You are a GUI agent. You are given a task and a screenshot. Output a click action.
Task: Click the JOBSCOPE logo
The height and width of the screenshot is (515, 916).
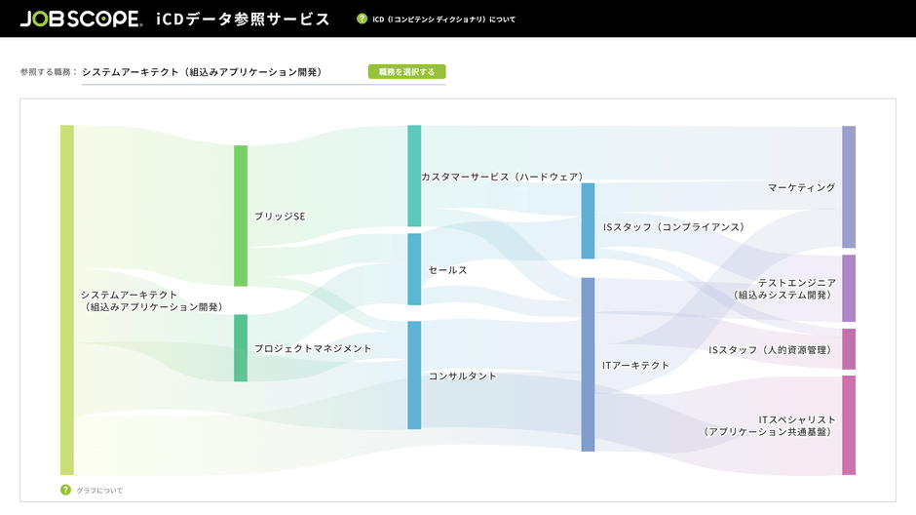click(80, 19)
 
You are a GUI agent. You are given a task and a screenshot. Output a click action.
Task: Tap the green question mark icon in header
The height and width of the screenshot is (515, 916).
click(363, 19)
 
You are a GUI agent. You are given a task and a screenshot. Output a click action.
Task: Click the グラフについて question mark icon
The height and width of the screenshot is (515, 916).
click(66, 490)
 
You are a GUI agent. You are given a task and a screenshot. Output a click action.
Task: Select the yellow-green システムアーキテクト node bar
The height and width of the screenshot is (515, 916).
click(67, 299)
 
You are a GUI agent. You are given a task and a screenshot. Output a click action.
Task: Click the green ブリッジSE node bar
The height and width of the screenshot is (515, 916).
click(241, 216)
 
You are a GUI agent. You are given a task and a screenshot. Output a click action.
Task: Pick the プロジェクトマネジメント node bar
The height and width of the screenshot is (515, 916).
click(241, 348)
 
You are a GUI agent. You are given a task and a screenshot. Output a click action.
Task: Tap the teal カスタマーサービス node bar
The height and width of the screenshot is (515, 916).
click(414, 176)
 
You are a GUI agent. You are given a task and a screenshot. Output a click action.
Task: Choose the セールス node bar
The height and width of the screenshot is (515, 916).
click(414, 269)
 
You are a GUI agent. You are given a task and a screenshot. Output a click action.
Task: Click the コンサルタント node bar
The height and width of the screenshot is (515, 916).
click(414, 375)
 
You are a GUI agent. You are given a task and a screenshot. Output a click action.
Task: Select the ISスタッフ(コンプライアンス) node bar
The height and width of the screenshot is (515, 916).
click(588, 220)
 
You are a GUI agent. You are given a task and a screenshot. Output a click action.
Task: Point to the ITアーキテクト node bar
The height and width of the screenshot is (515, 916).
click(588, 365)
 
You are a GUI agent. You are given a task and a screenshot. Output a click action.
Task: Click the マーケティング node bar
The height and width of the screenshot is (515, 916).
click(849, 186)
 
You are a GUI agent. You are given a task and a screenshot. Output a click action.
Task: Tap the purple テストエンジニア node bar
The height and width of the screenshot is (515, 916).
click(849, 288)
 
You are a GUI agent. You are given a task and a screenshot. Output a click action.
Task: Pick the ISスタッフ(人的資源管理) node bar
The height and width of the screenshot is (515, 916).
click(849, 349)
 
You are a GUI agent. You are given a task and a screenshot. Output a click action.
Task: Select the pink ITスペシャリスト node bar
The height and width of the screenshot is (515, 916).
click(849, 425)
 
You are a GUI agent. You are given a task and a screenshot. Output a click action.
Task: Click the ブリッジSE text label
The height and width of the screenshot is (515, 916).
click(280, 217)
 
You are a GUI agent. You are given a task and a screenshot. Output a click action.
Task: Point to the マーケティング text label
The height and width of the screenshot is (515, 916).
click(801, 187)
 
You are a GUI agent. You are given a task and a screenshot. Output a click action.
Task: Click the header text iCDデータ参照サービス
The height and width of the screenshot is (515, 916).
click(243, 19)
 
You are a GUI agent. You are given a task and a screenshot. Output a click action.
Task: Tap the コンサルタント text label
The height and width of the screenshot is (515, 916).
click(463, 376)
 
